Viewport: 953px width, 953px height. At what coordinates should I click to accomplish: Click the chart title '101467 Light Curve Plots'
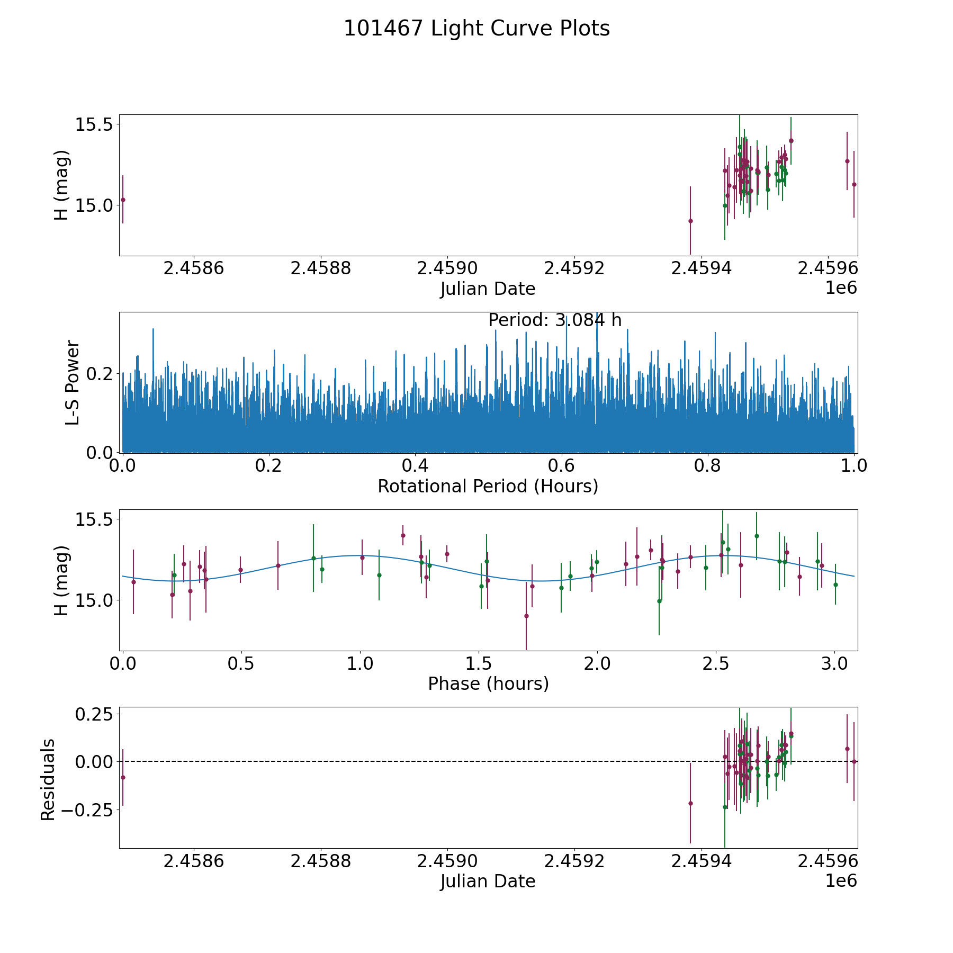click(477, 29)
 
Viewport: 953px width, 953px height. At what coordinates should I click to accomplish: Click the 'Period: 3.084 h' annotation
click(554, 320)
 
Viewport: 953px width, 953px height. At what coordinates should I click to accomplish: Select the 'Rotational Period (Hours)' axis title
click(488, 486)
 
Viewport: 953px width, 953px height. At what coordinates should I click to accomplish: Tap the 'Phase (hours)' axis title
click(488, 684)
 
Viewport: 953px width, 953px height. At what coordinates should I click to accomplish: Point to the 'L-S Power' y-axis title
click(73, 382)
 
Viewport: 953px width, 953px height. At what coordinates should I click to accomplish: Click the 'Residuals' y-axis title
click(48, 779)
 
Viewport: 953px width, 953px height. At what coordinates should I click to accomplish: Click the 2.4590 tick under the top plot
click(448, 268)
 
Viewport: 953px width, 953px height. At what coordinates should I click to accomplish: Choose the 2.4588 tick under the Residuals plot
click(321, 861)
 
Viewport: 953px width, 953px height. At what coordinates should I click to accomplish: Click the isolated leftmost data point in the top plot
click(123, 200)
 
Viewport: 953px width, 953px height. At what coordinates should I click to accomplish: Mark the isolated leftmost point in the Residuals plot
click(123, 777)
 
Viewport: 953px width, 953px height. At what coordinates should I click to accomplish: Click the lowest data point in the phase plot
click(526, 616)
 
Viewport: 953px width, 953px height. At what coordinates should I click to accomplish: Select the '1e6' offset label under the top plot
click(841, 288)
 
